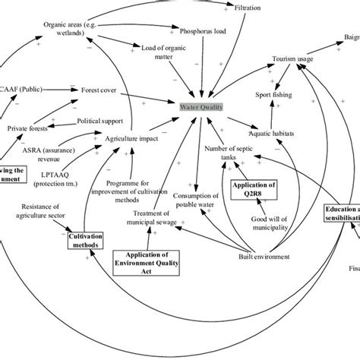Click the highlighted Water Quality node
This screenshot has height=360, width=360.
[201, 107]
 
